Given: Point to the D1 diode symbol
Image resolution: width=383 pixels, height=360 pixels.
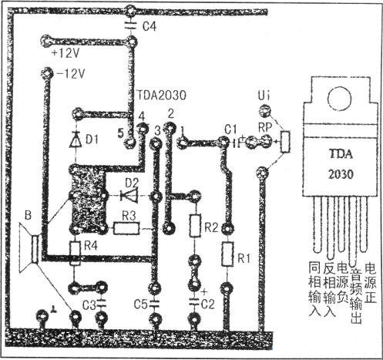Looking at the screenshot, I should [x=75, y=140].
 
